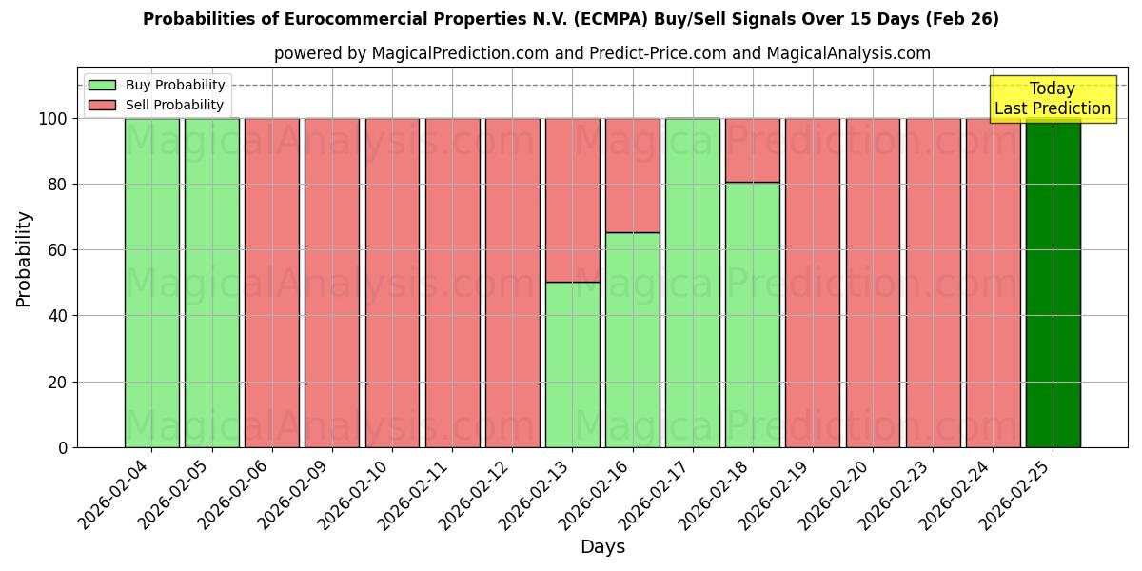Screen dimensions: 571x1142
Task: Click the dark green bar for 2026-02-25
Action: click(1053, 283)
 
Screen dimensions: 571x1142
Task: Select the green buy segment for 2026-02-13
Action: click(572, 364)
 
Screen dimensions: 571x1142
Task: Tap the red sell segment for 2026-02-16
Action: click(632, 175)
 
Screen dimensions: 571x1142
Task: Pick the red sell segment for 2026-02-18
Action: click(752, 150)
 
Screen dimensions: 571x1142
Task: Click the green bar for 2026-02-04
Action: click(151, 283)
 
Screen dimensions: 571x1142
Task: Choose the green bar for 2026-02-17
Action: click(692, 283)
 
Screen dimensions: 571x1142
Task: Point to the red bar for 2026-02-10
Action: click(392, 283)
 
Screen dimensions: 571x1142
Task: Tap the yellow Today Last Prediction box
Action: click(1053, 99)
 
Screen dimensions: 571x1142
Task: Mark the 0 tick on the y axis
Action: click(63, 448)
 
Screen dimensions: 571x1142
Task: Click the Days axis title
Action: click(602, 547)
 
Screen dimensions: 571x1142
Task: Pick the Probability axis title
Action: click(25, 258)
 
